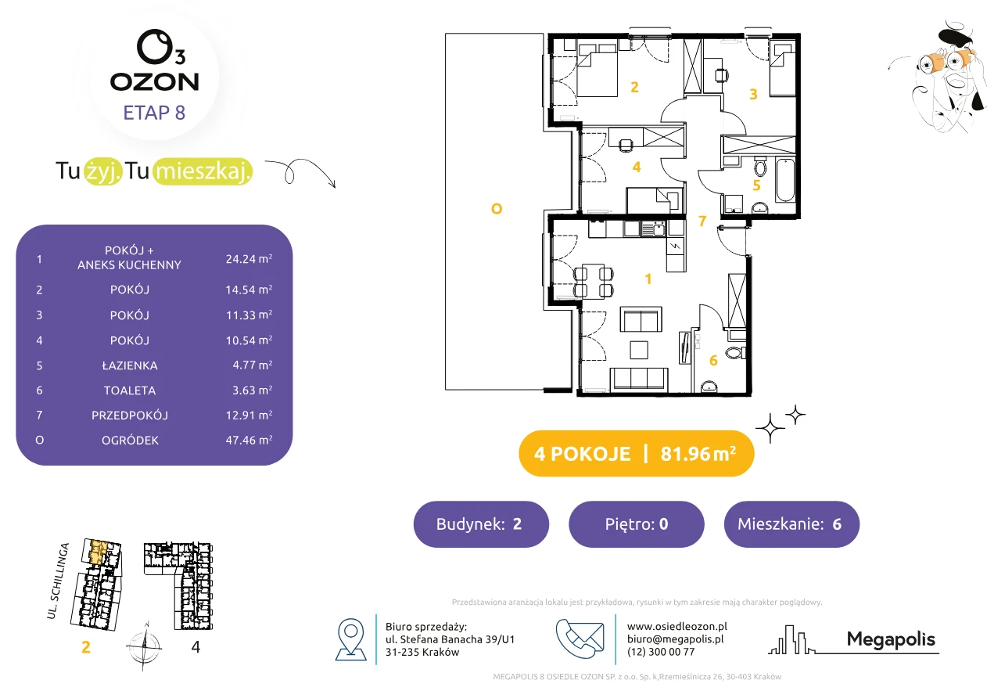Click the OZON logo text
click(154, 81)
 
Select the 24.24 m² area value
click(249, 259)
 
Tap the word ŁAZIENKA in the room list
click(130, 365)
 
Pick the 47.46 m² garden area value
click(249, 440)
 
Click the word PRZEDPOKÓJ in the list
click(130, 416)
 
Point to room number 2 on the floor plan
click(634, 87)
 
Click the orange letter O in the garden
click(497, 209)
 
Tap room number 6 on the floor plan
click(713, 361)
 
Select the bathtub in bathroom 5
click(785, 180)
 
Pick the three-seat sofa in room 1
click(639, 379)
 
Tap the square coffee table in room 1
click(639, 350)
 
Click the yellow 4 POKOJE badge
click(637, 453)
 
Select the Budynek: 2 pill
click(481, 523)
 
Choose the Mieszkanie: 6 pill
click(791, 523)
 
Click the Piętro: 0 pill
click(637, 523)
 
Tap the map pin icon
click(350, 639)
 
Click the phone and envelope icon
click(580, 639)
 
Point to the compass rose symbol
click(144, 646)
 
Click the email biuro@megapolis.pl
click(676, 639)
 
